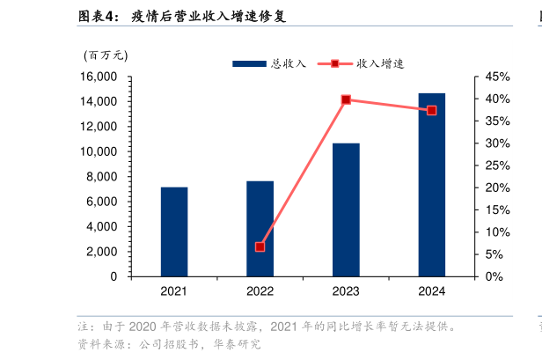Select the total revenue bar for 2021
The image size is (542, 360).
pos(174,231)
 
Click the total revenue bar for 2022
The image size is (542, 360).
pos(260,229)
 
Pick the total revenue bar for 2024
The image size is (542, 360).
pos(431,185)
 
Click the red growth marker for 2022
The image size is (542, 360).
pos(260,246)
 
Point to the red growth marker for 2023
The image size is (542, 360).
pos(346,99)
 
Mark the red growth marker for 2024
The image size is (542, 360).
pos(431,110)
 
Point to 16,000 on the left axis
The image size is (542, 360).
pos(99,77)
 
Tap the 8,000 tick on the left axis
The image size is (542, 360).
pos(102,177)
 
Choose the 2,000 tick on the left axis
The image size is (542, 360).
pos(102,252)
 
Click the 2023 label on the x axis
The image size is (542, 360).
pos(346,291)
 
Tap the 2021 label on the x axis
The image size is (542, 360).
pos(174,291)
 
